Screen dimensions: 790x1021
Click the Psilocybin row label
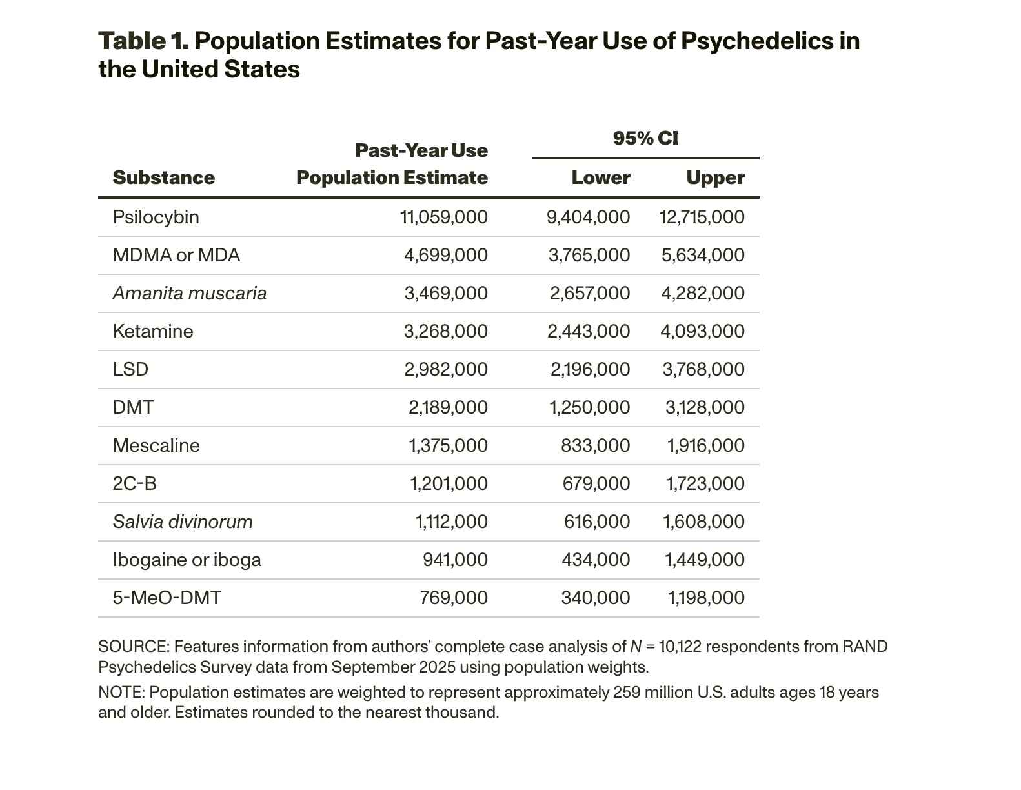coord(156,217)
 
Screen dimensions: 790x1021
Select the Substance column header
coord(163,177)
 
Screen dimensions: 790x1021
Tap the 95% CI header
coord(645,138)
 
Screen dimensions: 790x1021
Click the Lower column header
coord(600,177)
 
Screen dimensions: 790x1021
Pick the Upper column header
coord(715,177)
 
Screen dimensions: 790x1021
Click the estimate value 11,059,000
coord(444,217)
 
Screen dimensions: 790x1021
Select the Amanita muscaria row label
coord(189,293)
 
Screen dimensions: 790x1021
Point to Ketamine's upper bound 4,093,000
coord(702,331)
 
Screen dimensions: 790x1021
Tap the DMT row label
coord(133,407)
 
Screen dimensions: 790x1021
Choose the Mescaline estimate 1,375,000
coord(448,445)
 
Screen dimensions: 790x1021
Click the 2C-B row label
coord(134,483)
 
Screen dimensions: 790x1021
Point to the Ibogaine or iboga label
coord(187,560)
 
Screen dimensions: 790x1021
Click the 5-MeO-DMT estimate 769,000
coord(454,598)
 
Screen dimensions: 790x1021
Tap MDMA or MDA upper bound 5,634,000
coord(703,255)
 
